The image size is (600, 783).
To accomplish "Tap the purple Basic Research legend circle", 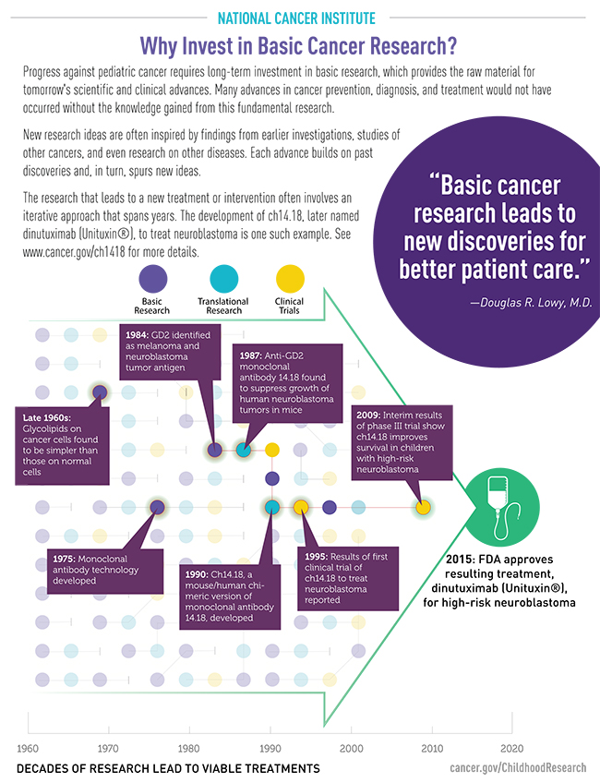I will (151, 279).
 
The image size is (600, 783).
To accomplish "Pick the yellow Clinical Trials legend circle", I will (289, 279).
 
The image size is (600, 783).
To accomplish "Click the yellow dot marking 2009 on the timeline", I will (423, 507).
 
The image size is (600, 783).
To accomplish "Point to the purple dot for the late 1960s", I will (101, 392).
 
